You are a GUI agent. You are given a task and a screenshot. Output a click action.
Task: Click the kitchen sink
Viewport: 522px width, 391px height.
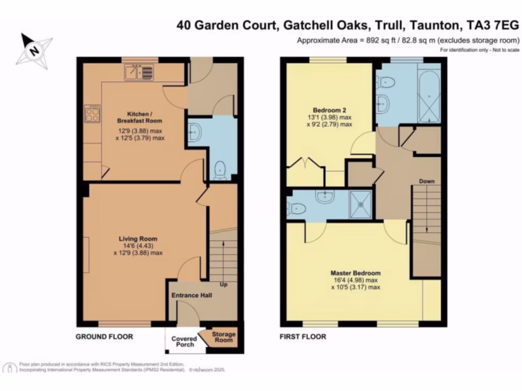(x=137, y=73)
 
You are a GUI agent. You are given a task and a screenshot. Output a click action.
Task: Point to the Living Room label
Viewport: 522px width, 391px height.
(x=138, y=238)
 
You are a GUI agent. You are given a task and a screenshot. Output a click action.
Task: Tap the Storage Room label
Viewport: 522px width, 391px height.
(x=224, y=337)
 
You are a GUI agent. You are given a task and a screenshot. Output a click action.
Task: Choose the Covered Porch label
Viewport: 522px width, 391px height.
(x=184, y=342)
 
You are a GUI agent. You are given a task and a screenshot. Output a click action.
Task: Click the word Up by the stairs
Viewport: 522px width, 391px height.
(x=223, y=284)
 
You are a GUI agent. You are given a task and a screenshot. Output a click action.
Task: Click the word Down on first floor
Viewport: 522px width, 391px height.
(x=427, y=181)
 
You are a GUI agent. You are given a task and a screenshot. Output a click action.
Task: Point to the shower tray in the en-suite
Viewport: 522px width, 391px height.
(x=361, y=205)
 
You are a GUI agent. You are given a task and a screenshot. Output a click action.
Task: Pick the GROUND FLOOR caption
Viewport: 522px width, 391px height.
(x=105, y=337)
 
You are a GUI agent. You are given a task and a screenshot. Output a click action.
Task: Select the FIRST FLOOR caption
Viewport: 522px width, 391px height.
(x=302, y=337)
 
